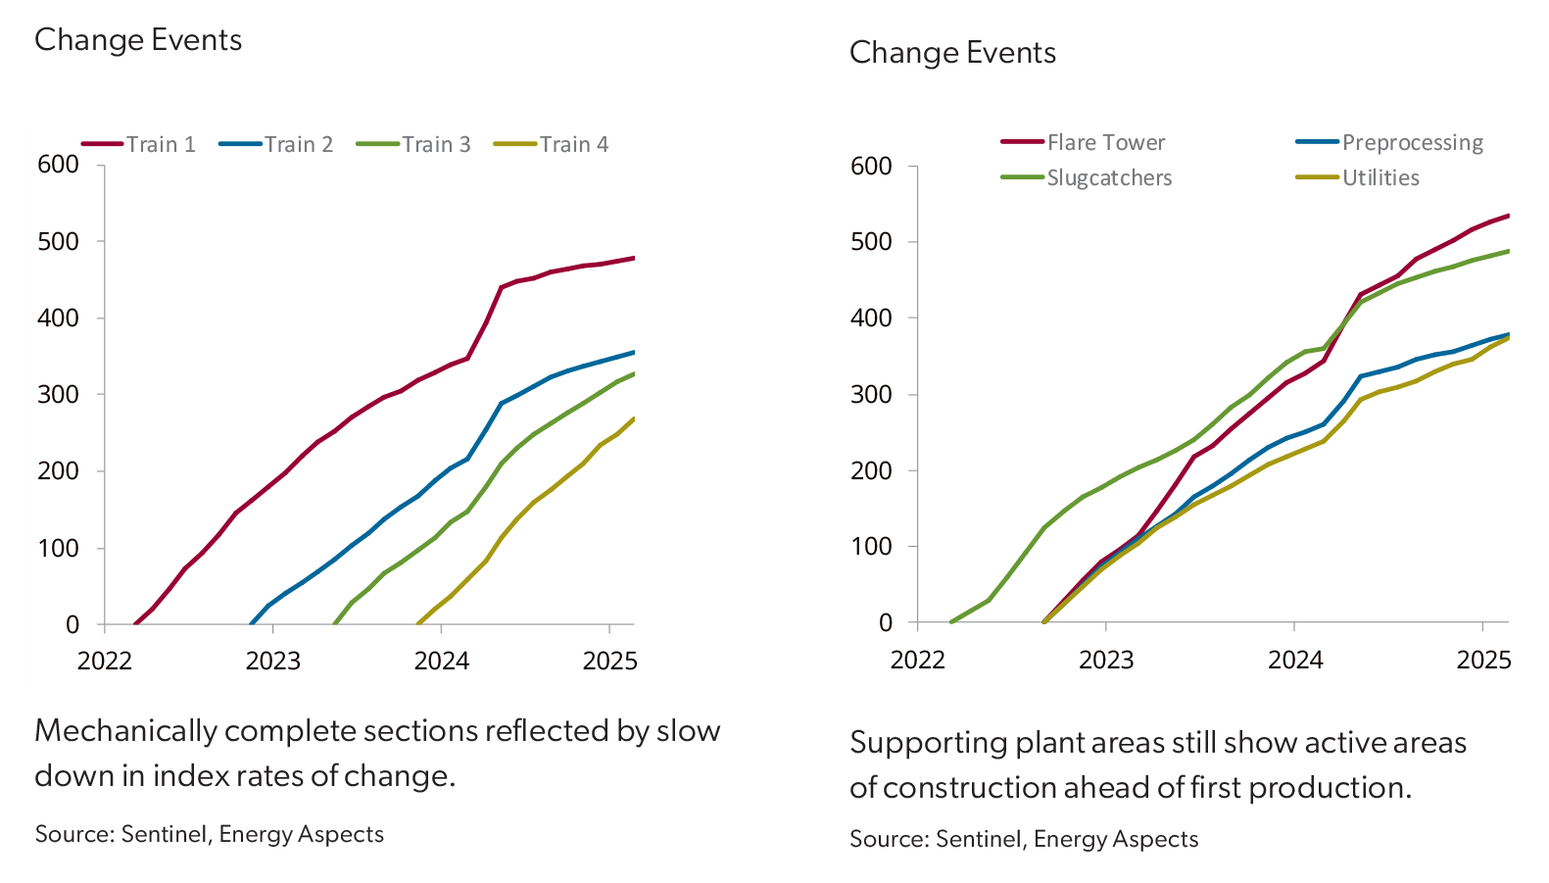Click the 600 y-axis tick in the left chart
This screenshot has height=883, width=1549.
click(x=58, y=165)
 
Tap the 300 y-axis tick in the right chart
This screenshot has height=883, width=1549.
click(x=871, y=395)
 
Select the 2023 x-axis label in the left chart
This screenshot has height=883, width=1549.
click(x=272, y=662)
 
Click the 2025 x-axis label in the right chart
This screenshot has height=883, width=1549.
click(x=1483, y=660)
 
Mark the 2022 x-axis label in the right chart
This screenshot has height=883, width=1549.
click(x=917, y=660)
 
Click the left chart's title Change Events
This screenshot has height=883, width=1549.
click(x=138, y=40)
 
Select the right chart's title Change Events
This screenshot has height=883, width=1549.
click(x=952, y=53)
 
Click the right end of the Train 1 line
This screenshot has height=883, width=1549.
click(x=634, y=258)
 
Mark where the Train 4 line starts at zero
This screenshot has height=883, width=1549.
click(x=419, y=623)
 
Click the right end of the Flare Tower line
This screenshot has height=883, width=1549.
click(x=1508, y=215)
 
